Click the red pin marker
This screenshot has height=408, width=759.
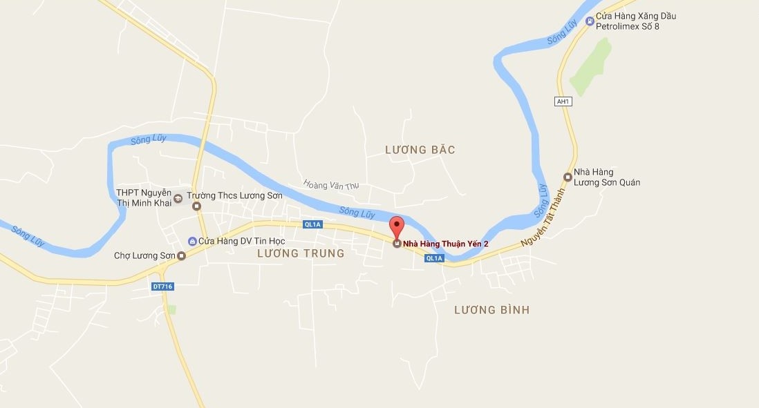[397, 226]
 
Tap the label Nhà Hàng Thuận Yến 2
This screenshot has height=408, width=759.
[446, 244]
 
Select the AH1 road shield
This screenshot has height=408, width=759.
[563, 101]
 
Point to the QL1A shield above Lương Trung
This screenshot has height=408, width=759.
[313, 224]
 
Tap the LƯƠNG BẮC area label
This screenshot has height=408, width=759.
[420, 150]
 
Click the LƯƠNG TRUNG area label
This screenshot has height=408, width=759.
[300, 253]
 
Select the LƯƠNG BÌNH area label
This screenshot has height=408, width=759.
[491, 310]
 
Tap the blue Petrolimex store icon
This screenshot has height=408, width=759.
[589, 21]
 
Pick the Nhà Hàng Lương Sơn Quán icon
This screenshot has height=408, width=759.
[568, 177]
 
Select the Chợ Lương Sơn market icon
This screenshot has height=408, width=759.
[182, 256]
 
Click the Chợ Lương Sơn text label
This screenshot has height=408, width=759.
[145, 256]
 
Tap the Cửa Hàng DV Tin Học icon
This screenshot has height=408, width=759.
[192, 241]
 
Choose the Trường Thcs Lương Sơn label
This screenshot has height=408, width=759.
[238, 195]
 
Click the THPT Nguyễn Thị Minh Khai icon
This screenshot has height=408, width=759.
[178, 198]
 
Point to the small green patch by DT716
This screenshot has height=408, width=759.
[171, 309]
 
